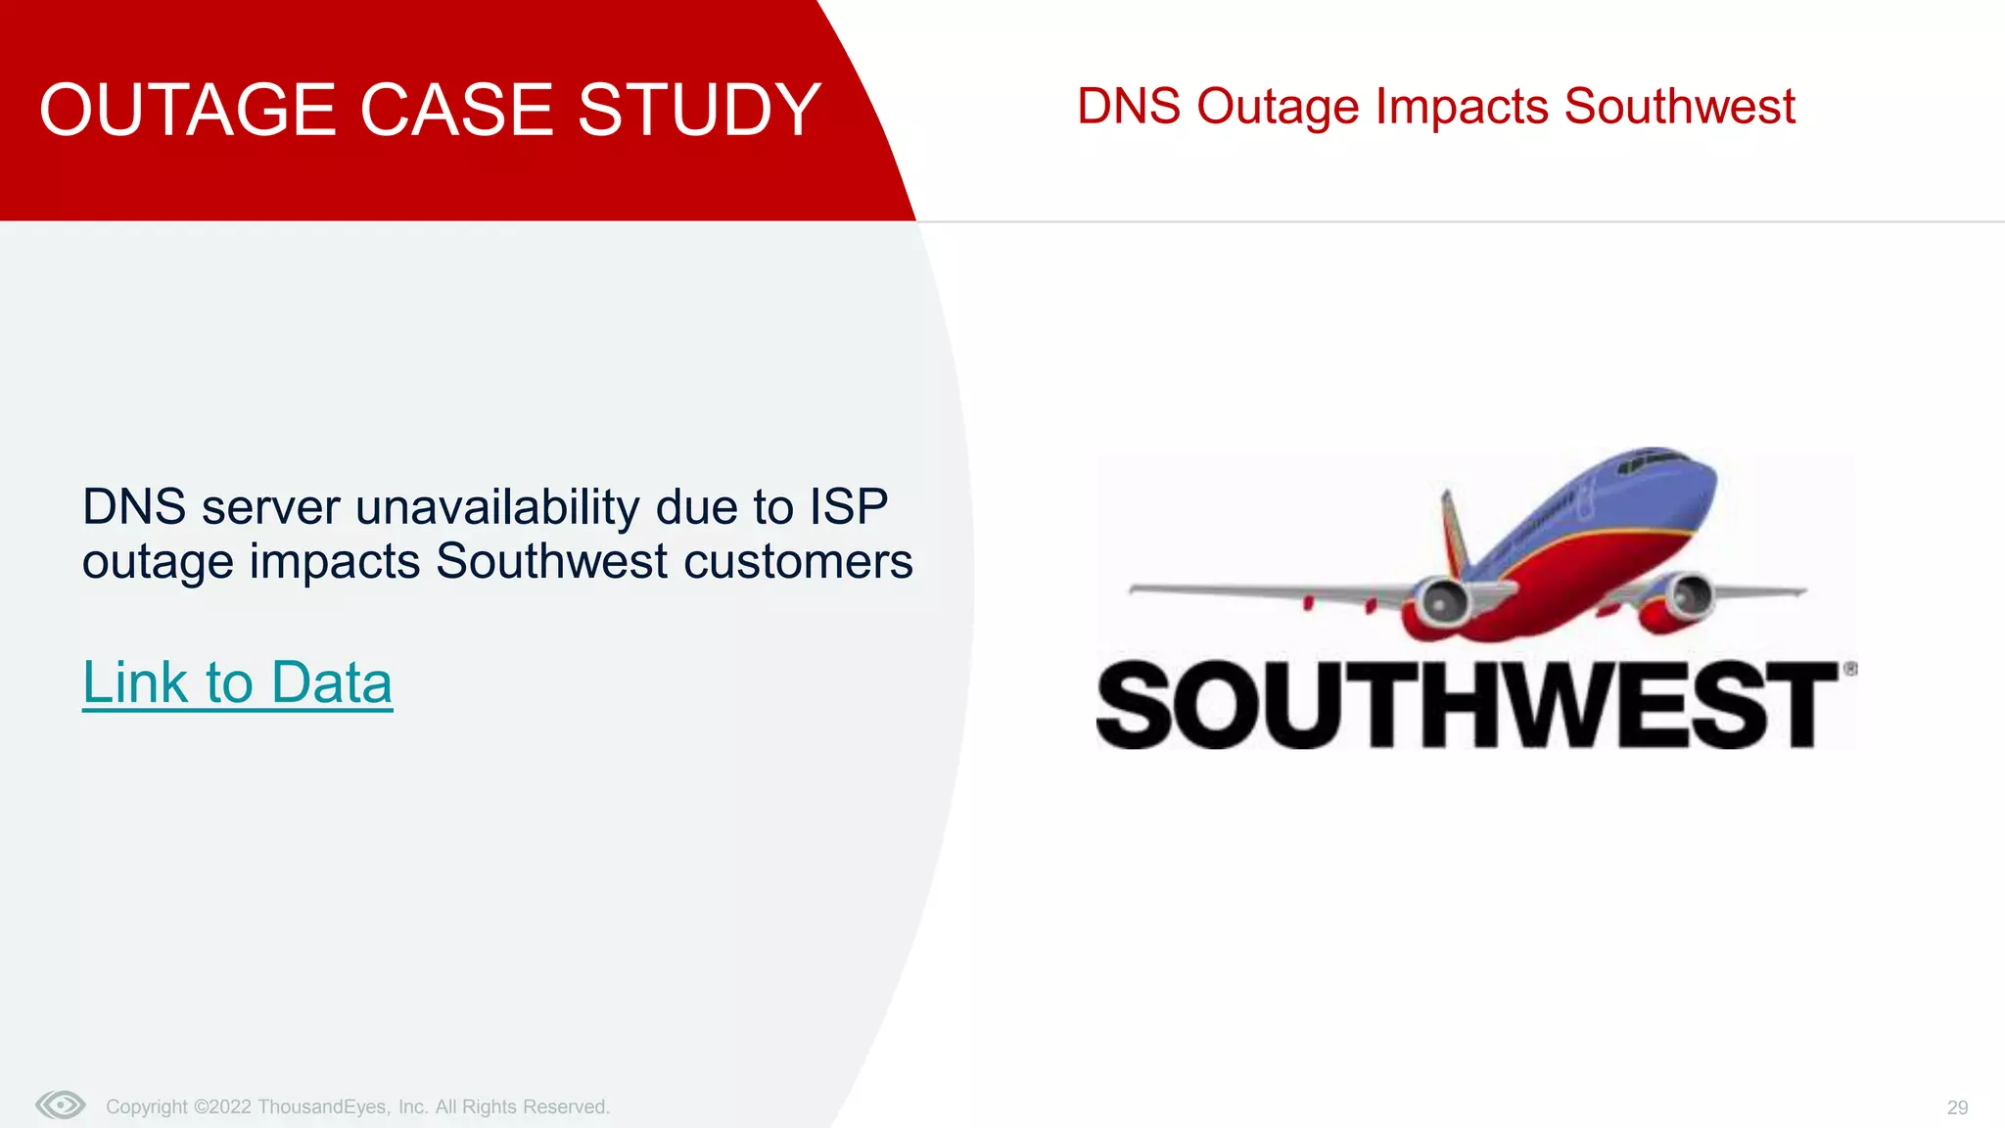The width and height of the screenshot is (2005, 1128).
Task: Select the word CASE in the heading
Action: [x=459, y=110]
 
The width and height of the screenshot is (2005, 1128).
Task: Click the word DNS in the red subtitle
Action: [x=1128, y=106]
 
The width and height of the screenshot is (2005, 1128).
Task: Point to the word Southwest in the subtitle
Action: [x=1679, y=106]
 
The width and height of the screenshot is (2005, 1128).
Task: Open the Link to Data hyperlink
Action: [x=237, y=682]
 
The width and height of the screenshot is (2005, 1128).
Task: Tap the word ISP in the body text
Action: [x=848, y=507]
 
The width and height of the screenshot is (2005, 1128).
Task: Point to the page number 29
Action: [x=1957, y=1107]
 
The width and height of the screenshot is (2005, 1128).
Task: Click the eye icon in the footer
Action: [x=61, y=1105]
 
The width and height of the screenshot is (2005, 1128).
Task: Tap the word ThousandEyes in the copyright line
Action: [x=323, y=1107]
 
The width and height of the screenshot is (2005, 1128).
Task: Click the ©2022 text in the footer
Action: [x=222, y=1107]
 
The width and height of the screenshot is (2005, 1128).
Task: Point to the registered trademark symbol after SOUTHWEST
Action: [x=1850, y=669]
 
